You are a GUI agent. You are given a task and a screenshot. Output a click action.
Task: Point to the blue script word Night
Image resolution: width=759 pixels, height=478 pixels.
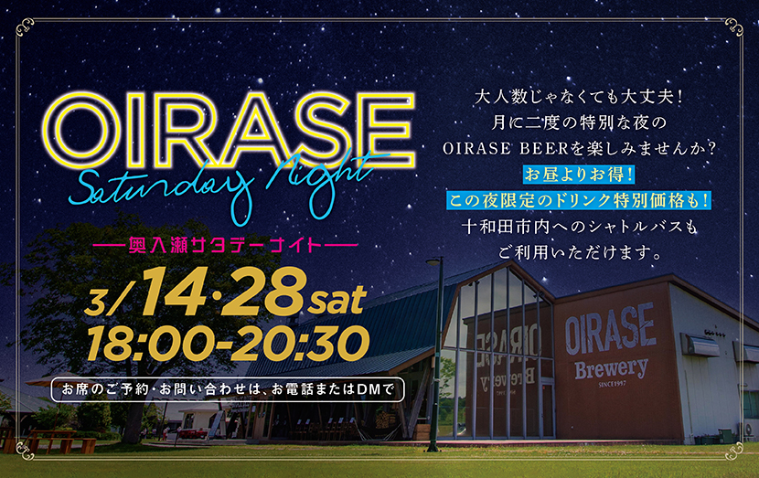click(x=315, y=172)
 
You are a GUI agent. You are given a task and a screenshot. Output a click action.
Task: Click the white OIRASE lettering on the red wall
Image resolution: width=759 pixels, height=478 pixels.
click(x=609, y=329)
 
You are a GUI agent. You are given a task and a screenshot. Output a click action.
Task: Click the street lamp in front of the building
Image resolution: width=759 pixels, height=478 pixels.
click(x=438, y=347)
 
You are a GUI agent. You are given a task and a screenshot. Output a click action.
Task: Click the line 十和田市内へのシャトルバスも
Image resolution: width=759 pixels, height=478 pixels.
click(x=569, y=225)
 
